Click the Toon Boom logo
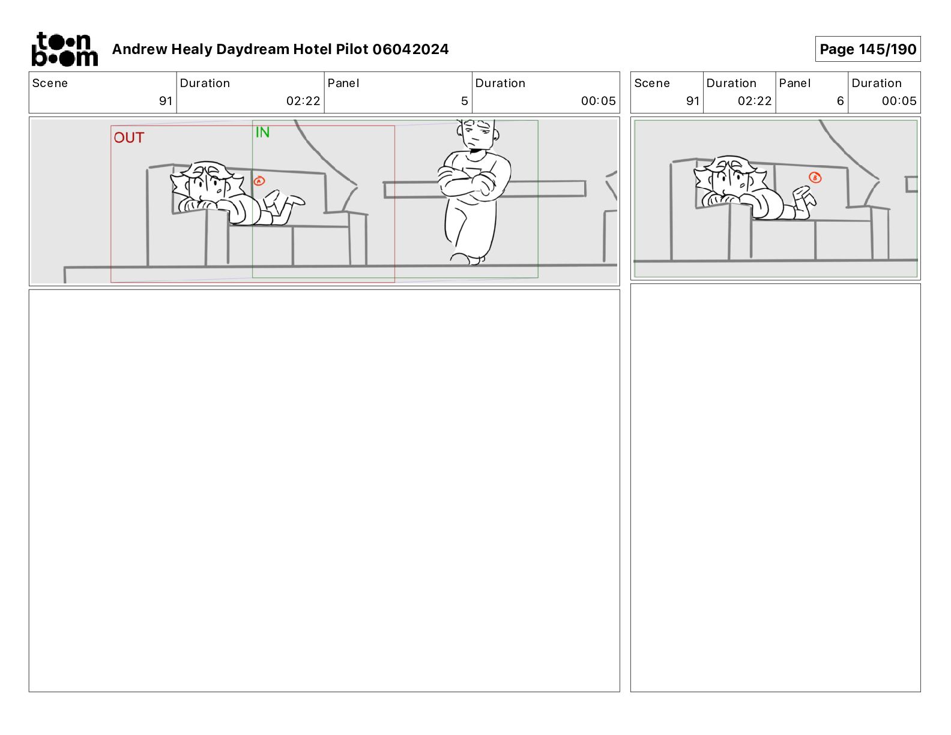[65, 49]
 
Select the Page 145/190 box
[868, 49]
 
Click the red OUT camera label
[128, 138]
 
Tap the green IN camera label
[262, 132]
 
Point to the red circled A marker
[259, 181]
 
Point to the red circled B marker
[815, 177]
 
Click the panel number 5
[464, 101]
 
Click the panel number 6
[841, 101]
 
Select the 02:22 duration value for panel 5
[303, 101]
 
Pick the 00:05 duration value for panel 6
[899, 101]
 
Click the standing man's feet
[468, 259]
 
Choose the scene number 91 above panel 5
[166, 101]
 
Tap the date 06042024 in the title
[411, 49]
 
